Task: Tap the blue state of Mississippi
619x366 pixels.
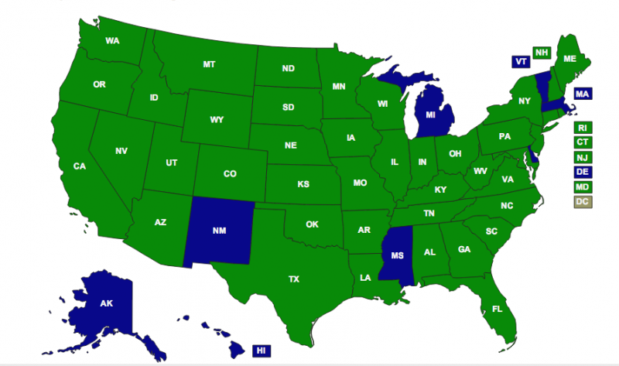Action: [x=397, y=256]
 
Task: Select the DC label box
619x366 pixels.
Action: [x=582, y=202]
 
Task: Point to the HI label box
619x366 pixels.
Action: [x=262, y=351]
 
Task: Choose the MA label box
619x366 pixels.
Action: [x=582, y=94]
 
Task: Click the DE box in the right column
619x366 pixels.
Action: [x=582, y=172]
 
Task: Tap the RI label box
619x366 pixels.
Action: [x=582, y=128]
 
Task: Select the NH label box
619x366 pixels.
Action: [x=542, y=52]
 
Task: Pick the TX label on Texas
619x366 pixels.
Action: [x=294, y=279]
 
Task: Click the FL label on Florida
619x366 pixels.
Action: [x=497, y=309]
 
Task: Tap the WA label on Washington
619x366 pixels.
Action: [x=112, y=40]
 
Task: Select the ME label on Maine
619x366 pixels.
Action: [x=569, y=59]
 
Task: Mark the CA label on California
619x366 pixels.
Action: [x=79, y=166]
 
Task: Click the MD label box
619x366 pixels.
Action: [x=582, y=186]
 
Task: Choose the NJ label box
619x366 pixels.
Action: [x=582, y=157]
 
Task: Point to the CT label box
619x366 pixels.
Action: [x=582, y=142]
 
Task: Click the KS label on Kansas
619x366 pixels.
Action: [x=304, y=185]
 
